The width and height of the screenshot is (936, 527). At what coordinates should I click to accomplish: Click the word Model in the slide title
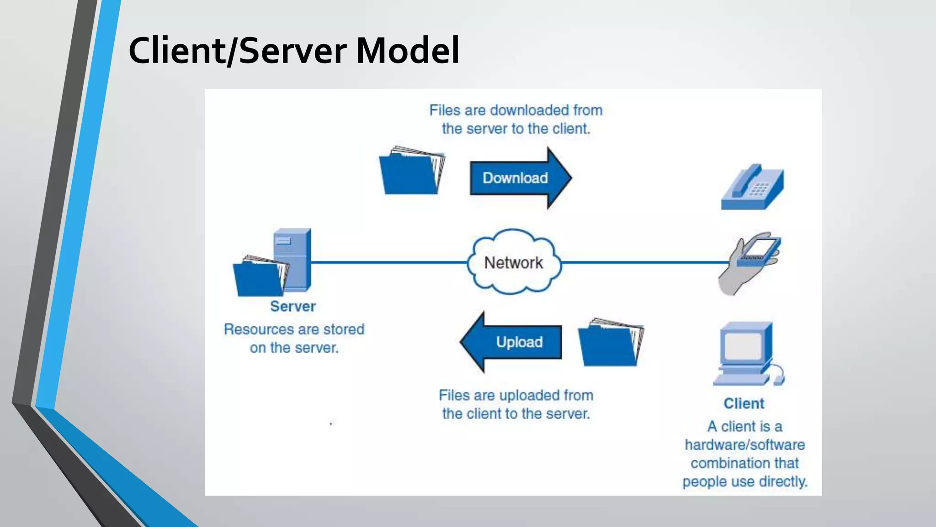tap(407, 50)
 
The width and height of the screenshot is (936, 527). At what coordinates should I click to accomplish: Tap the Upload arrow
tap(512, 342)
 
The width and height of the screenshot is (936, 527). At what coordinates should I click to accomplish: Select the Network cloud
tap(514, 262)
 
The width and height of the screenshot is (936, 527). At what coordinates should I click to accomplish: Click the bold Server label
tap(293, 307)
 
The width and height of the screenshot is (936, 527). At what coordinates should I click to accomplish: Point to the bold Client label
tap(744, 403)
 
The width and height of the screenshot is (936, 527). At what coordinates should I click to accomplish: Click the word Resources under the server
tap(259, 329)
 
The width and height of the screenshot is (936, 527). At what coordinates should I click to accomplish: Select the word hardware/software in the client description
tap(745, 445)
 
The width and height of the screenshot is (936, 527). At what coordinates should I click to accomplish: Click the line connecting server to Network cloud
tap(388, 262)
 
